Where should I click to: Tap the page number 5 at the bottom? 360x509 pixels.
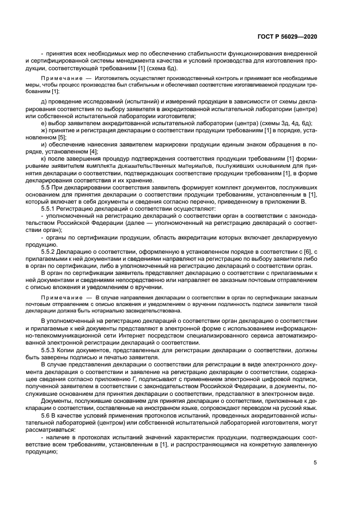pos(315,463)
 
